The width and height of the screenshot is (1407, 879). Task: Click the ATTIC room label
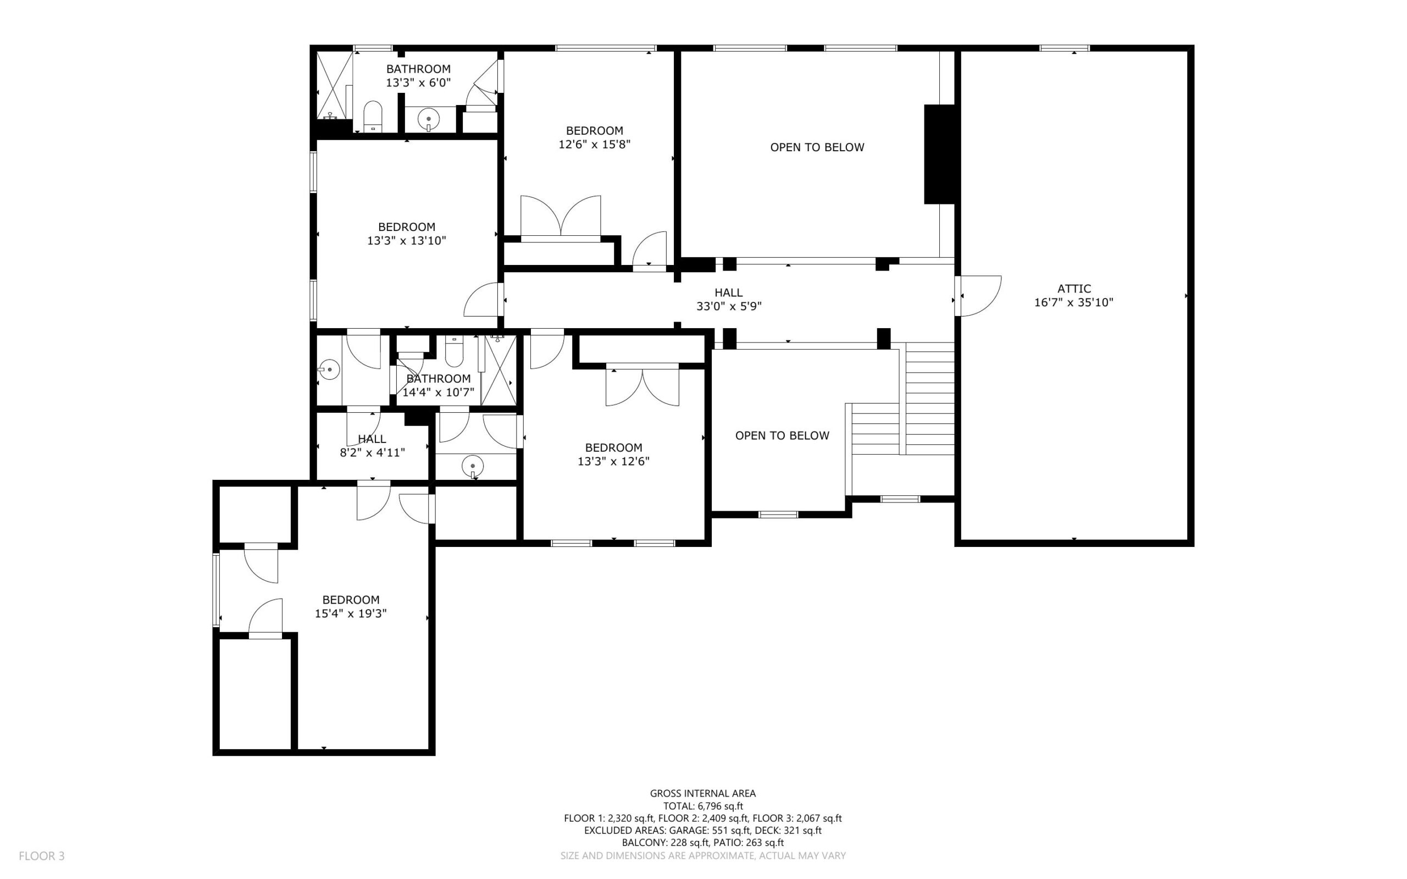click(x=1073, y=289)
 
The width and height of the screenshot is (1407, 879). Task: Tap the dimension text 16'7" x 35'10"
click(x=1073, y=302)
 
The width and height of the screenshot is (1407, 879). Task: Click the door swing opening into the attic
click(x=981, y=296)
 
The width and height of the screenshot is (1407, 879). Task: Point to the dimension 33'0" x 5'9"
click(x=729, y=306)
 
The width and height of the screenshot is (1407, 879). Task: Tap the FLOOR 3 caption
click(x=42, y=856)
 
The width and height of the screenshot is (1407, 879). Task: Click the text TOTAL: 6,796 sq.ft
click(x=703, y=806)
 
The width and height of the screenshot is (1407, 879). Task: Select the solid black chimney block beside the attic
click(x=940, y=154)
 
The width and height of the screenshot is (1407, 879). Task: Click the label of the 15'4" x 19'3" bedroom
click(x=351, y=599)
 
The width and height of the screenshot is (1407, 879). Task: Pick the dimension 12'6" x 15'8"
click(x=595, y=144)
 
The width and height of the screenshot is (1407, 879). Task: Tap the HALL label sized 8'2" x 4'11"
click(x=372, y=439)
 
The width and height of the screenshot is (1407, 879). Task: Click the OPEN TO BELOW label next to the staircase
click(x=782, y=435)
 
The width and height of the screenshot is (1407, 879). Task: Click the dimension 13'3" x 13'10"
click(x=407, y=241)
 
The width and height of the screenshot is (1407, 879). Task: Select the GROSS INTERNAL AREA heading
click(x=702, y=793)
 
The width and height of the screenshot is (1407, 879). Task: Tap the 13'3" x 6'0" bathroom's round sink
click(x=429, y=119)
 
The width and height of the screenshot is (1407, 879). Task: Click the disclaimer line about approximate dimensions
click(x=703, y=856)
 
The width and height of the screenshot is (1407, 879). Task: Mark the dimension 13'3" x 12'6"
click(x=614, y=462)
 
